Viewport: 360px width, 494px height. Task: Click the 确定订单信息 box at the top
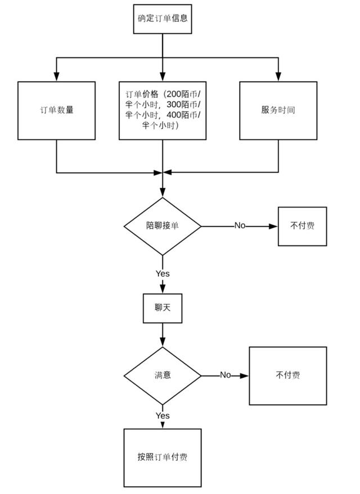click(x=163, y=17)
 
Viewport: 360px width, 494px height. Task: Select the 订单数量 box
click(x=56, y=110)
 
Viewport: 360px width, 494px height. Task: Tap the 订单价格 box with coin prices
click(x=163, y=110)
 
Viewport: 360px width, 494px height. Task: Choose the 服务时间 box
click(x=278, y=110)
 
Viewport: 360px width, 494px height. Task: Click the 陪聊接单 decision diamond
click(x=163, y=226)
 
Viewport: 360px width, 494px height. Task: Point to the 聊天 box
click(x=163, y=308)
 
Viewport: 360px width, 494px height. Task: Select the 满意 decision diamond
click(x=163, y=375)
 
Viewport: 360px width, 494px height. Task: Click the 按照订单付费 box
click(x=163, y=457)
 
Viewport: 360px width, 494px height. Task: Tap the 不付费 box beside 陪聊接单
click(x=302, y=226)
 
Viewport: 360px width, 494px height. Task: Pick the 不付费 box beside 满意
click(x=287, y=375)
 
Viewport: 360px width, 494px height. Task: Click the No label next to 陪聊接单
click(x=240, y=226)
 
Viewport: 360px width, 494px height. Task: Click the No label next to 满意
click(x=225, y=375)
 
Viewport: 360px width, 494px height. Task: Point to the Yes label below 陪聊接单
click(x=163, y=273)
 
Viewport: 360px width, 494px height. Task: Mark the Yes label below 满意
click(x=163, y=415)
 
